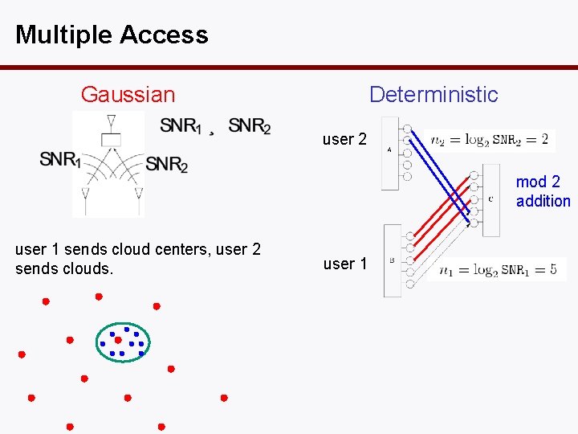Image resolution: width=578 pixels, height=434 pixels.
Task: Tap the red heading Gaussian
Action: pos(128,95)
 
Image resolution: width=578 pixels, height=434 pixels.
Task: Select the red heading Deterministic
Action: pos(433,95)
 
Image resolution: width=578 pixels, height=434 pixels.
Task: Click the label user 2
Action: pos(344,140)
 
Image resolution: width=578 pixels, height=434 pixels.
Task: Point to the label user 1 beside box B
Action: pos(344,264)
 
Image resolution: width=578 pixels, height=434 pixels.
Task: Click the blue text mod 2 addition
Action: pos(543,192)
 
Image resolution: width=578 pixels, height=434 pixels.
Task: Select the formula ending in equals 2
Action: pos(489,140)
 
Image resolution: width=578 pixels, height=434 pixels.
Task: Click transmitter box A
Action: pos(389,153)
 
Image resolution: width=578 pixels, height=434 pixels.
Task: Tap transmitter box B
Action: pos(392,260)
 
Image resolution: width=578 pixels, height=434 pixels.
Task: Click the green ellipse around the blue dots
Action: pos(96,342)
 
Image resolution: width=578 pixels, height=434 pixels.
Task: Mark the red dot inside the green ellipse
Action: pos(118,340)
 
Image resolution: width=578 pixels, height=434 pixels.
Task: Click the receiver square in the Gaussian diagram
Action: pos(110,140)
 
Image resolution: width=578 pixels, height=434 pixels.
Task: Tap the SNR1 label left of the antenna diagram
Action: pos(60,159)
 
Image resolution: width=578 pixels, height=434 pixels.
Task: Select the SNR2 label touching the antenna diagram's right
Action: pos(167,164)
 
